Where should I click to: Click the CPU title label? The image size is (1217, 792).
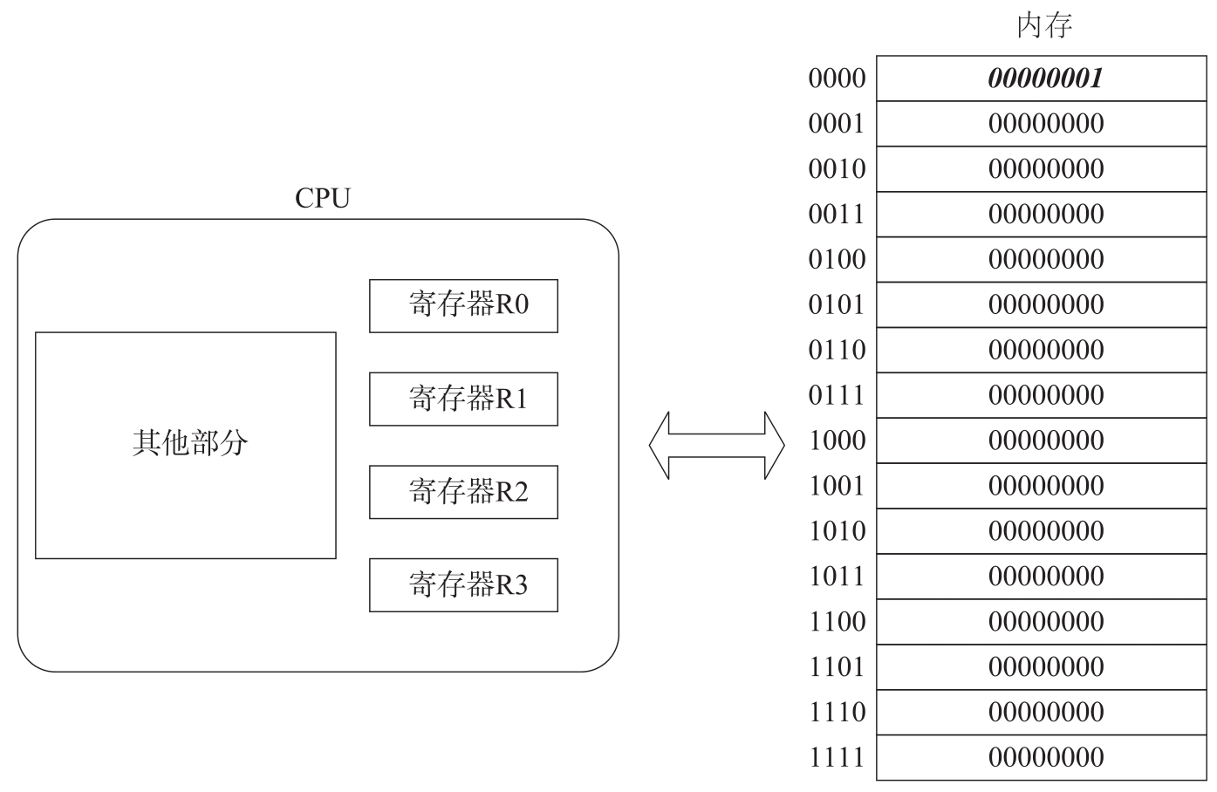click(323, 198)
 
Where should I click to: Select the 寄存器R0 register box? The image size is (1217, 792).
click(463, 306)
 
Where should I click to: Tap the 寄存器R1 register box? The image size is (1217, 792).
click(463, 399)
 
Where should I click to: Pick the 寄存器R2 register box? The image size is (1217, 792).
click(463, 492)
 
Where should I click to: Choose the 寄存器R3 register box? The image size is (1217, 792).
click(463, 585)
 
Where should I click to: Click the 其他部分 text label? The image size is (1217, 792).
click(190, 443)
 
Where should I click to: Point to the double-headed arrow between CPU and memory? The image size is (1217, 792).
click(716, 446)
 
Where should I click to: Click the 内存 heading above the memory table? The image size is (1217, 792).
click(1044, 25)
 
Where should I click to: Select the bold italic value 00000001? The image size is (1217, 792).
click(1045, 79)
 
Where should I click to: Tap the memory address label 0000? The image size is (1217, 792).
click(837, 79)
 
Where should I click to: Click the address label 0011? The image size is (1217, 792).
click(837, 214)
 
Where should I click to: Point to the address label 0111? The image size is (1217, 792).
click(837, 395)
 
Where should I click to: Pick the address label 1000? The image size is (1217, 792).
click(837, 440)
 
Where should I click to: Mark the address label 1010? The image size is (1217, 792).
click(837, 530)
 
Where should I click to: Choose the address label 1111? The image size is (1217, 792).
click(837, 757)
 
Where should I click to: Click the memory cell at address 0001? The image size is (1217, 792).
click(1042, 123)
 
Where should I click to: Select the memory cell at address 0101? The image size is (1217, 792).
click(1042, 304)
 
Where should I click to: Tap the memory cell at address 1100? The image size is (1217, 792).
click(1042, 621)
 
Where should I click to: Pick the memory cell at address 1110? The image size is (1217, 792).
click(1042, 712)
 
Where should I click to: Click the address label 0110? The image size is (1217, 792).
click(837, 350)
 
